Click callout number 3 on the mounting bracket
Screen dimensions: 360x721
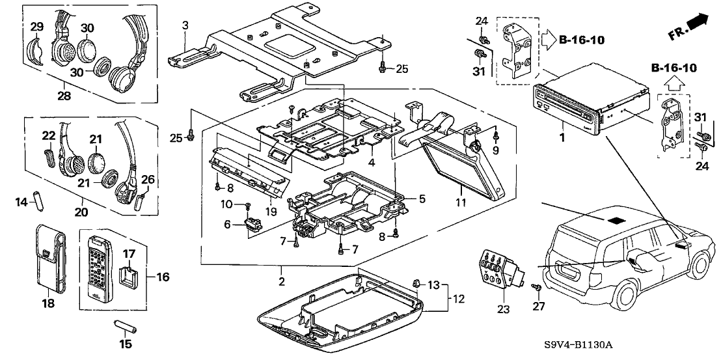[x=185, y=25]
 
